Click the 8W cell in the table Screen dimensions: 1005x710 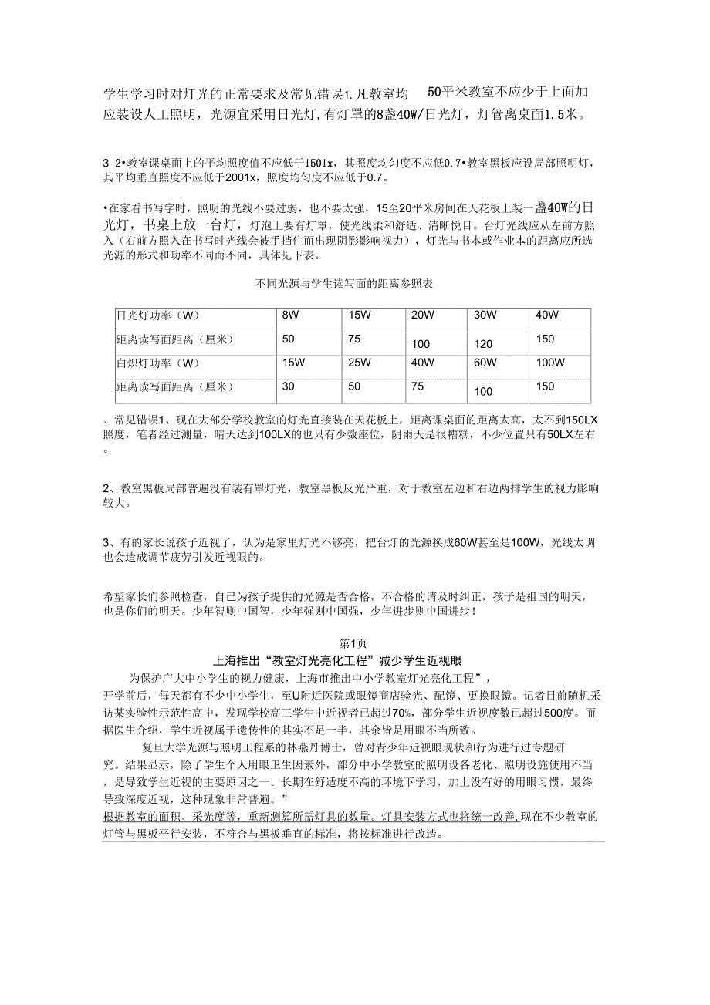290,315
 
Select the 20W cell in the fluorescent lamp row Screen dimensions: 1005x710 423,315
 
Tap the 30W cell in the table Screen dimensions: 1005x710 485,315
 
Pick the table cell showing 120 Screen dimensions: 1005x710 483,344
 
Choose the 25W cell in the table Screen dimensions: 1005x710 360,362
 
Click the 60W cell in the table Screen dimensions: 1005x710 485,362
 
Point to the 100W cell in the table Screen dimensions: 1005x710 550,362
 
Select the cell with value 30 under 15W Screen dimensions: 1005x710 289,386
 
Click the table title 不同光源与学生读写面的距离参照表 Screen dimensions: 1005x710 343,285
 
